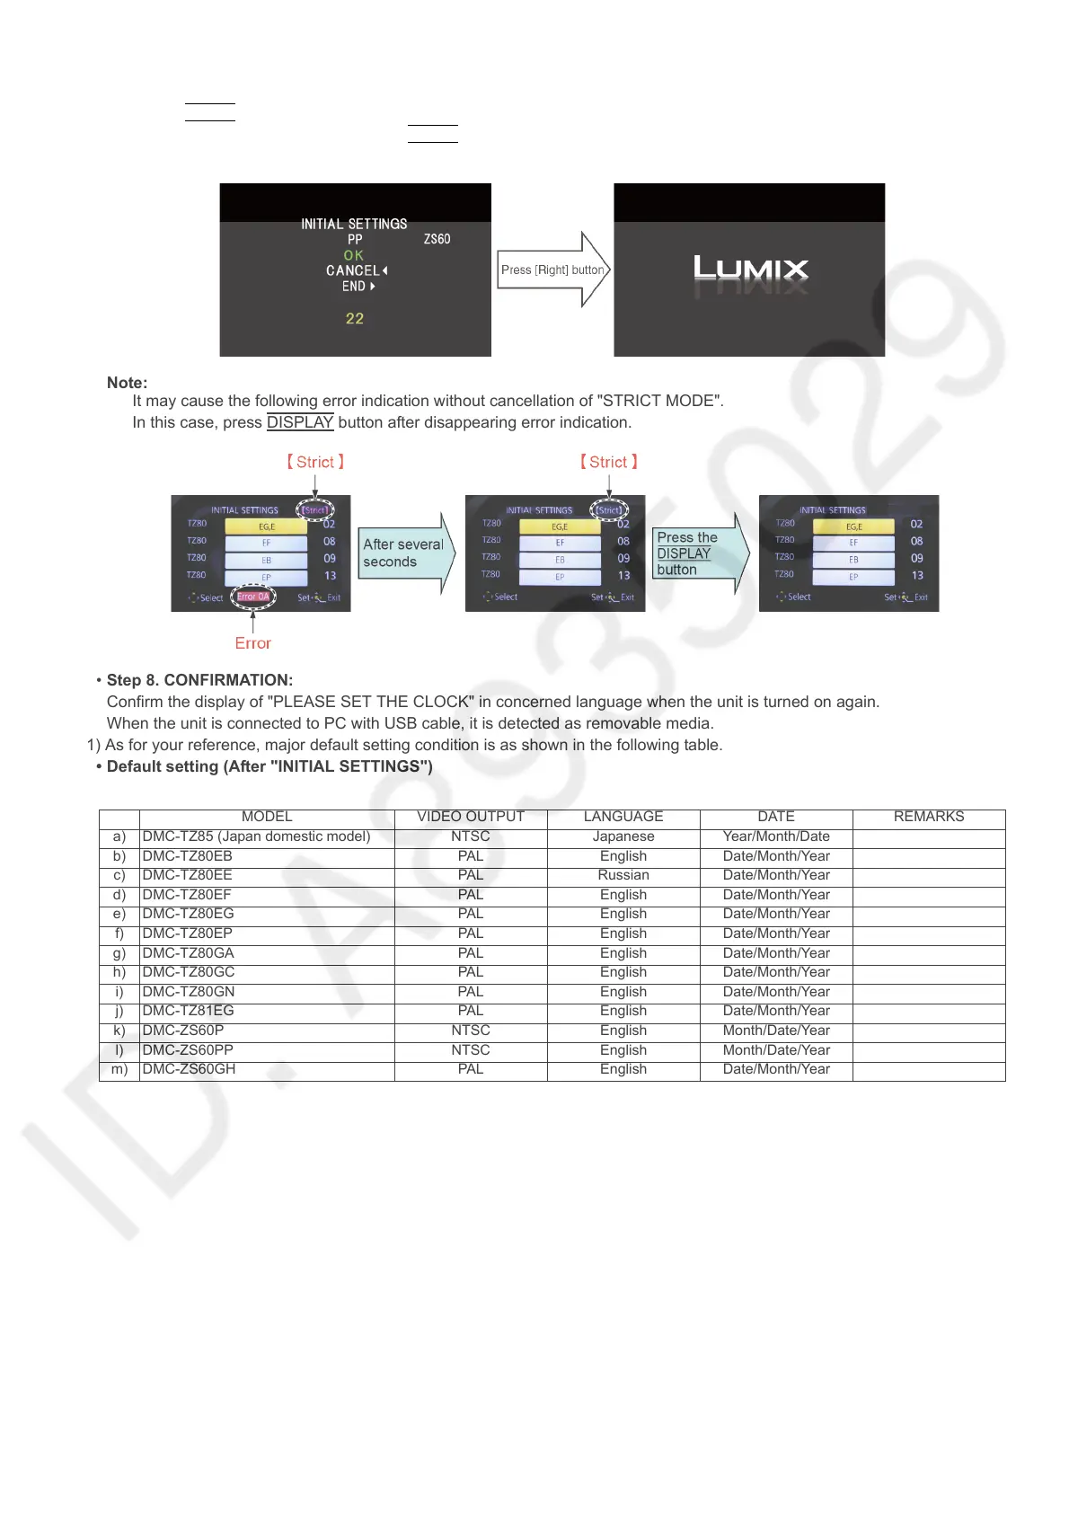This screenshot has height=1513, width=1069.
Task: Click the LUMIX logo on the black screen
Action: tap(750, 270)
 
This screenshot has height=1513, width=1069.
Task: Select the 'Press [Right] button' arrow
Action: tap(552, 270)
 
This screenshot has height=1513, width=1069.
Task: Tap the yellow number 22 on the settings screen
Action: tap(355, 319)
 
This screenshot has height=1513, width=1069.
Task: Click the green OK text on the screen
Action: tap(354, 255)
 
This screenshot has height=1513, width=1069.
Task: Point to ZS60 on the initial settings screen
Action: tap(437, 239)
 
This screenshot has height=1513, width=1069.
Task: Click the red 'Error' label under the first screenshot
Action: tap(252, 643)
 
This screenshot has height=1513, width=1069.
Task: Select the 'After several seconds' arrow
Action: tap(405, 553)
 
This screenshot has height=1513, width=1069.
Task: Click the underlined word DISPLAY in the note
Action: tap(300, 422)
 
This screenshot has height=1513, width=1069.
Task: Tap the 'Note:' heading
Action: tap(127, 383)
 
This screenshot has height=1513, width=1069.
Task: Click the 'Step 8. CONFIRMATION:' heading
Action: tap(199, 680)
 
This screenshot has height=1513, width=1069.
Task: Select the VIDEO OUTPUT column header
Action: tap(471, 817)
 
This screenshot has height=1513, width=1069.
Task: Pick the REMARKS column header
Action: tap(929, 817)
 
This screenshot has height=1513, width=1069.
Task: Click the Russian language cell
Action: tap(623, 875)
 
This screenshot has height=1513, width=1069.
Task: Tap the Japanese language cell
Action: tap(623, 836)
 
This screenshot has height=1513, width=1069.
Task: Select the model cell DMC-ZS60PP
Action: tap(188, 1050)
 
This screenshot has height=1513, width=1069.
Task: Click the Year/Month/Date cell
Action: tap(776, 836)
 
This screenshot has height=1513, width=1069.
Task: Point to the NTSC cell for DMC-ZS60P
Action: tap(471, 1031)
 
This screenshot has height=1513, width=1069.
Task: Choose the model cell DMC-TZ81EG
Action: tap(188, 1011)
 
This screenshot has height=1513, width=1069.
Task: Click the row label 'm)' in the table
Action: tap(119, 1069)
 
